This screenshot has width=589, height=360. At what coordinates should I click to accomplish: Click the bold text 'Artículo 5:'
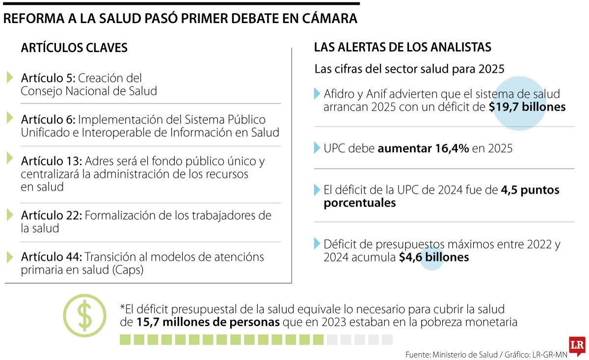(x=48, y=78)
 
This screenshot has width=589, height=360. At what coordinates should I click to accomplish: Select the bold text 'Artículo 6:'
(x=48, y=120)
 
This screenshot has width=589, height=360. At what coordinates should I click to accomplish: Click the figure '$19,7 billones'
(x=527, y=107)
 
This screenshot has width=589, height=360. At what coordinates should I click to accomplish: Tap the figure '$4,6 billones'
(x=433, y=257)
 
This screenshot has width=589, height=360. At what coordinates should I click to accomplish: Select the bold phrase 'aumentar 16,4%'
(x=423, y=148)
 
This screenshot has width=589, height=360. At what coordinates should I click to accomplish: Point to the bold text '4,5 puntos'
(x=530, y=190)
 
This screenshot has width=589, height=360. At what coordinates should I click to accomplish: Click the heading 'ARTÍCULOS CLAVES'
(x=74, y=48)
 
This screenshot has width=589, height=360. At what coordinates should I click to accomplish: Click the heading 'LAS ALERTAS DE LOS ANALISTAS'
(x=402, y=47)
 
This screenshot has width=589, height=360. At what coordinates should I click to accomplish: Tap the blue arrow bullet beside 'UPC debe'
(x=317, y=148)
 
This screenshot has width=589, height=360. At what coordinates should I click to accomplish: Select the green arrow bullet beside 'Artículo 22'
(x=10, y=215)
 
